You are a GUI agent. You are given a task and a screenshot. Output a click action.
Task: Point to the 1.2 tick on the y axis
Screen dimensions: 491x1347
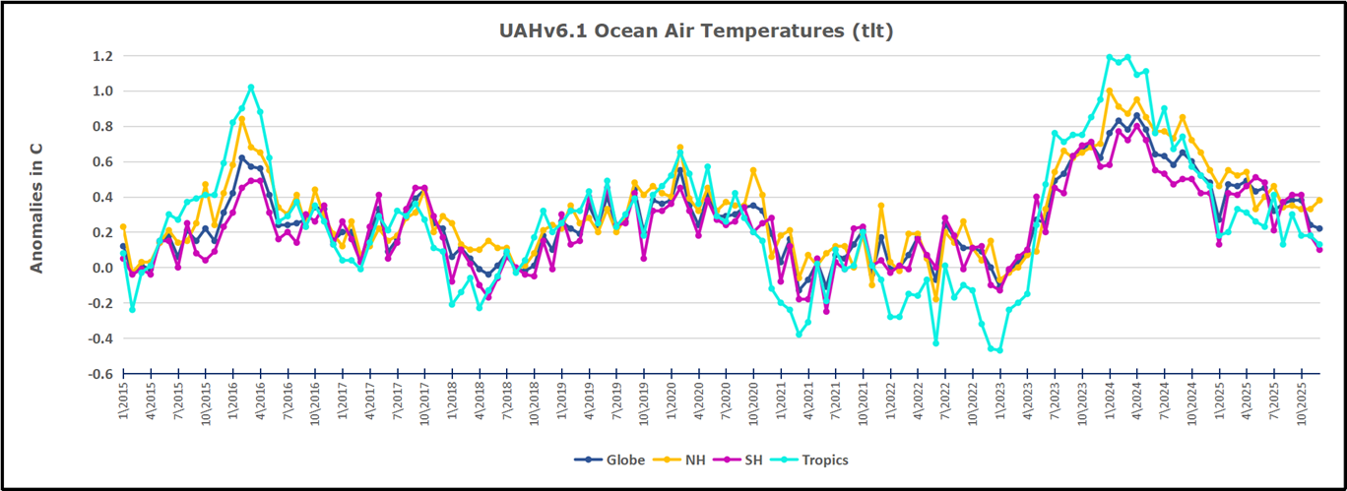pos(100,56)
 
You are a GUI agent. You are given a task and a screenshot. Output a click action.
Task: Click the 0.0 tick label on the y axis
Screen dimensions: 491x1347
pos(100,268)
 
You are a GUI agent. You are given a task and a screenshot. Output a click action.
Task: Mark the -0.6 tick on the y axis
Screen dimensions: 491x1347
pos(98,374)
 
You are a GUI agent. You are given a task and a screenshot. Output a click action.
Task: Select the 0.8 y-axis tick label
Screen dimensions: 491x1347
pos(100,127)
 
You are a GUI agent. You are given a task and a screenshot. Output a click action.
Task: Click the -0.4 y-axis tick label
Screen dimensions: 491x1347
pos(98,338)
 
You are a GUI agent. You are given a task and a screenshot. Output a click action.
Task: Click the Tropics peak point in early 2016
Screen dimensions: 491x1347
pos(251,88)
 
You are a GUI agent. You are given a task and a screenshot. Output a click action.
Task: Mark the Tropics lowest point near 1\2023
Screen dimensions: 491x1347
pos(1000,350)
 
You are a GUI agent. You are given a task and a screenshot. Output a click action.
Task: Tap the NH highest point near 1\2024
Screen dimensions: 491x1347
pos(1110,91)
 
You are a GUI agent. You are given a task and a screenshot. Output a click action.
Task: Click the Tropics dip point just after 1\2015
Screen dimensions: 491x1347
pos(133,309)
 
